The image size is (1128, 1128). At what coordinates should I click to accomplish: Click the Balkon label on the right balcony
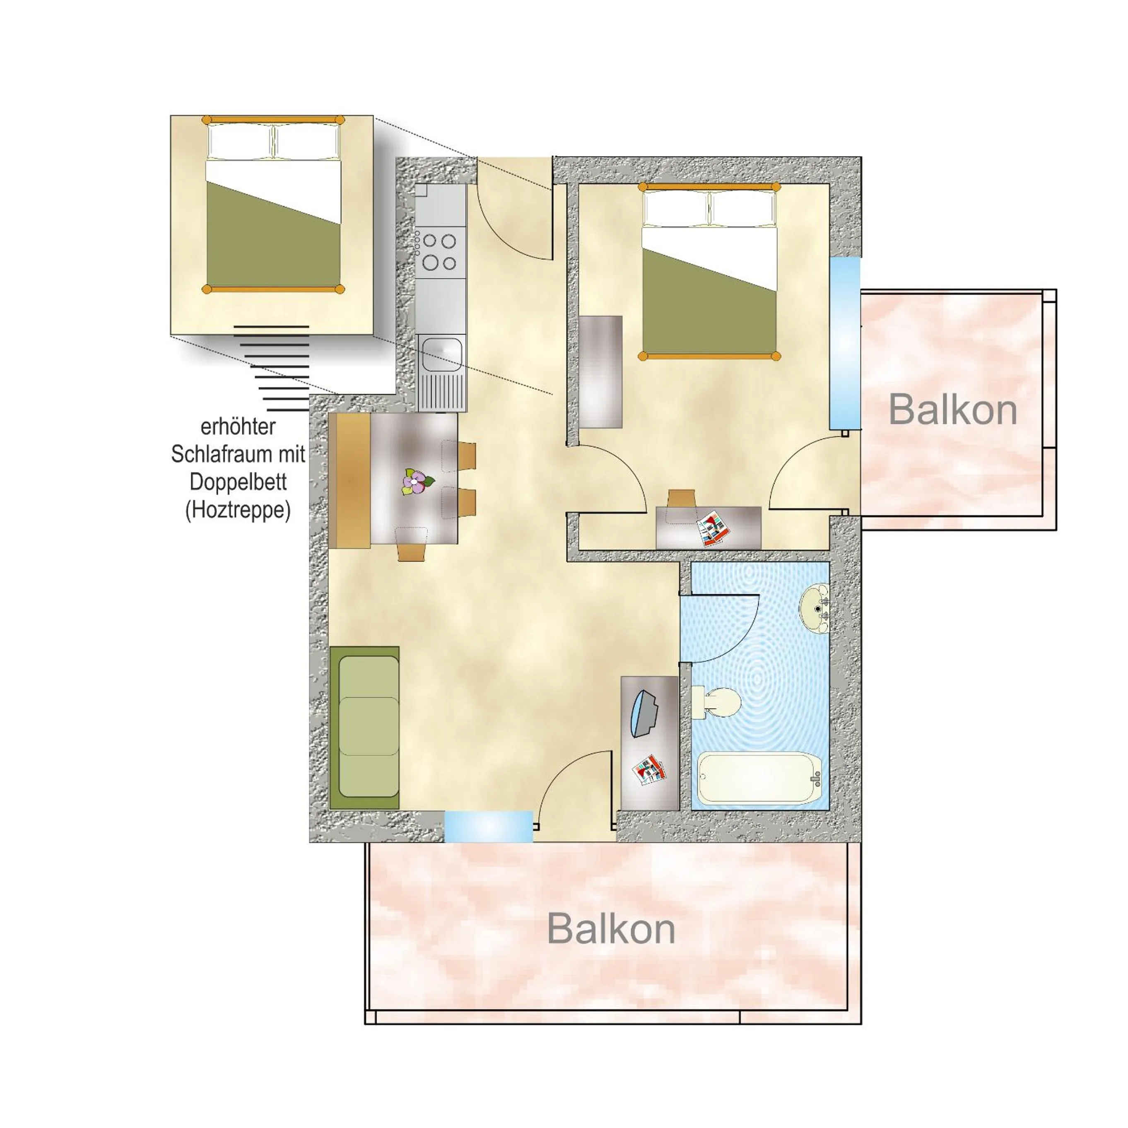tap(952, 410)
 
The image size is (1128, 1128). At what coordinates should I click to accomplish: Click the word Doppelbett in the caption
tap(238, 482)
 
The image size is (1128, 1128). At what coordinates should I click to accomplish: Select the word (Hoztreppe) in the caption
tap(238, 510)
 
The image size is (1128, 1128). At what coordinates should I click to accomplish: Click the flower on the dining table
tap(416, 482)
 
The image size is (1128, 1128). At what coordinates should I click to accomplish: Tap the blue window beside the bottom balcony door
tap(489, 826)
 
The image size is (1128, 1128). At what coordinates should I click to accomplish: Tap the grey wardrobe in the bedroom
tap(601, 371)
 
